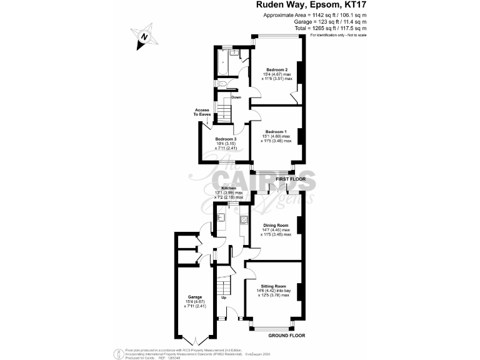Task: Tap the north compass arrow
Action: click(x=145, y=37)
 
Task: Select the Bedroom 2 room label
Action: click(x=277, y=69)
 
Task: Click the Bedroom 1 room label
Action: click(x=276, y=132)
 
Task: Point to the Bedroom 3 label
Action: click(x=226, y=139)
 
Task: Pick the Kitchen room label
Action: click(x=229, y=188)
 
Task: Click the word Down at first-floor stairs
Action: click(x=236, y=97)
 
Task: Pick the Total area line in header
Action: click(x=331, y=28)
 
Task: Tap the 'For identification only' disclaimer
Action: click(x=337, y=35)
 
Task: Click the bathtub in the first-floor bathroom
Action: click(x=223, y=62)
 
